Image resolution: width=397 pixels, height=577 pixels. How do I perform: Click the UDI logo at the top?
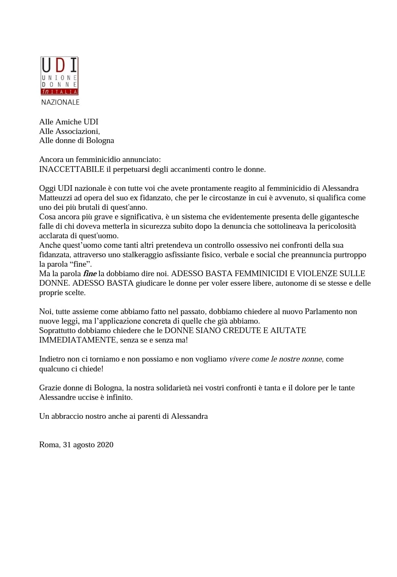(59, 75)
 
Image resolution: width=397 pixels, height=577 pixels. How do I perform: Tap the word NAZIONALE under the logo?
(60, 102)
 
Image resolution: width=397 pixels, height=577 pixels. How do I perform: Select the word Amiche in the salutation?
(68, 122)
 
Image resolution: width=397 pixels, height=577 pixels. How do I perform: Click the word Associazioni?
(77, 131)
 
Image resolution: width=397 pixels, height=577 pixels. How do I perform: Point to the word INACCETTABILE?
(71, 169)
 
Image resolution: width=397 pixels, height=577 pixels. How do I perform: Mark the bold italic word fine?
(90, 274)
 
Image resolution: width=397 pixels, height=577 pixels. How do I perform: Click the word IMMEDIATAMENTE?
(78, 340)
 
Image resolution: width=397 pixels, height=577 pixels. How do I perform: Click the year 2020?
(105, 445)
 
